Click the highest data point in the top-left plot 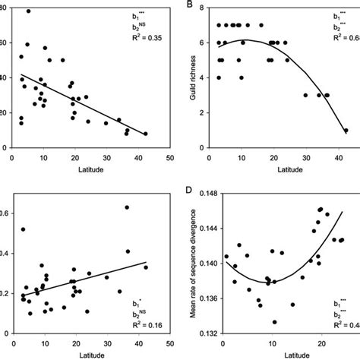(x=29, y=11)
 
